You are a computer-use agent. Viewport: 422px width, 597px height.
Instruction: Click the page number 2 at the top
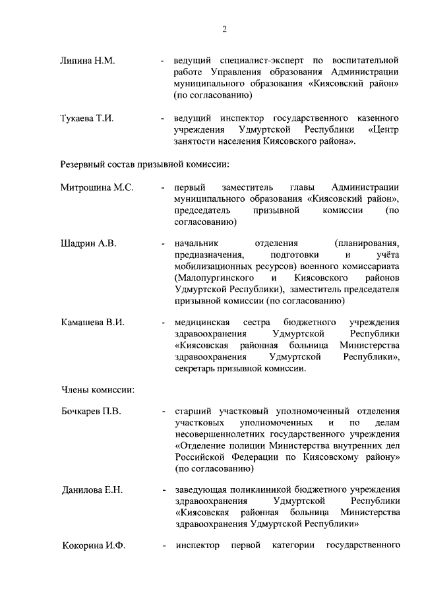click(x=224, y=29)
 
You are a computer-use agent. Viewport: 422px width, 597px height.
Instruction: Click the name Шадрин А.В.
click(x=89, y=243)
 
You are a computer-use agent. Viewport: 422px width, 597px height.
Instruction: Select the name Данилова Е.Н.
click(x=92, y=490)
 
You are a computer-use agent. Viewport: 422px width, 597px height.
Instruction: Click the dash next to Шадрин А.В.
click(x=163, y=244)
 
